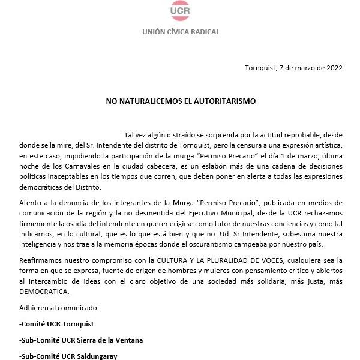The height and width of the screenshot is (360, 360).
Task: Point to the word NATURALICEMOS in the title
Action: coord(149,101)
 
